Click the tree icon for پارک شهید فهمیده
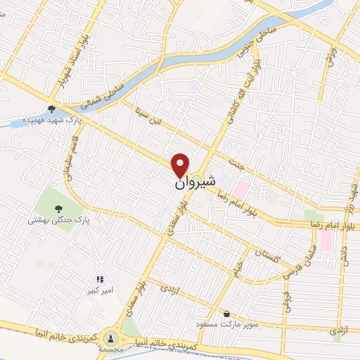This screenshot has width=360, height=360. coord(51,109)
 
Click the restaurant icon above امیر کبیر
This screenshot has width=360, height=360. coord(100,279)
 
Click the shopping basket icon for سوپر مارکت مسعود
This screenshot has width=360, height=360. coord(226,314)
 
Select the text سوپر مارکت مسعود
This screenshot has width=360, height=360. coord(222,325)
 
